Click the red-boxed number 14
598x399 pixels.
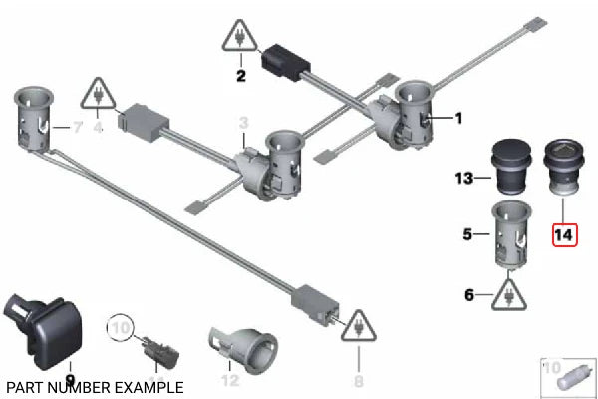[563, 236]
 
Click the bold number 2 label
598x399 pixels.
[239, 75]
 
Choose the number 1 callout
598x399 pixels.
[458, 119]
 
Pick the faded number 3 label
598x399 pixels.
[242, 122]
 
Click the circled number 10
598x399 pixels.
[121, 327]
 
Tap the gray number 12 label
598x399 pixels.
[230, 379]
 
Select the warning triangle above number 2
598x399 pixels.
[239, 39]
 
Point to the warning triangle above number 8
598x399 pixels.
[357, 326]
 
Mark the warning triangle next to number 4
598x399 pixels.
[98, 94]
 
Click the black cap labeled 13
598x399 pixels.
[510, 165]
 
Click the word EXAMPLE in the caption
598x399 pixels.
[149, 387]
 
